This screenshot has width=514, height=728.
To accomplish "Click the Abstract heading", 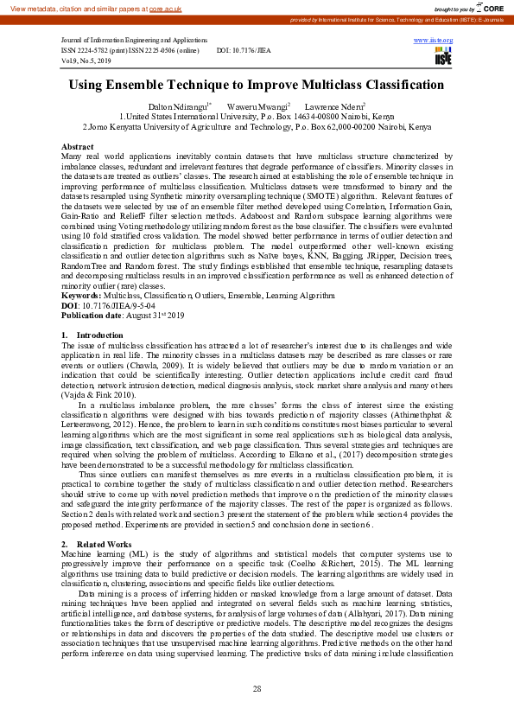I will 78,148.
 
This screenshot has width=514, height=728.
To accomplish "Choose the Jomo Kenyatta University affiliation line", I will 257,126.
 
